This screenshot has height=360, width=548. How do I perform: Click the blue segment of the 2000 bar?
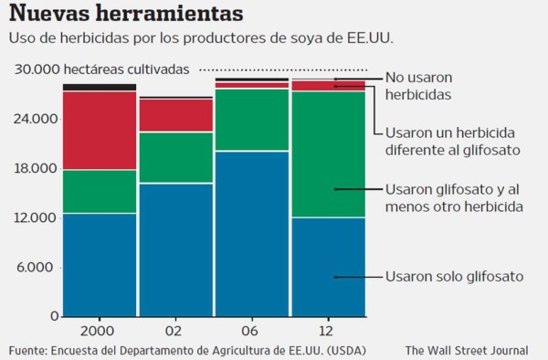point(100,265)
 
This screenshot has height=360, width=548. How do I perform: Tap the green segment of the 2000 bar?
point(100,191)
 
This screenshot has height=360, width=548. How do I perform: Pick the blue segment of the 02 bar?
point(175,249)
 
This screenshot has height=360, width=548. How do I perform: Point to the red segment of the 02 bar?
point(175,115)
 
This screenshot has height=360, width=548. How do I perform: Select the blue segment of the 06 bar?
point(251,233)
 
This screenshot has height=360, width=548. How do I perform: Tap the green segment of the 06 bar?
point(251,120)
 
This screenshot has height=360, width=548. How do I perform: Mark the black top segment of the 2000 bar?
point(100,87)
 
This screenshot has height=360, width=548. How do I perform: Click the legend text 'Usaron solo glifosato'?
point(454,276)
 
